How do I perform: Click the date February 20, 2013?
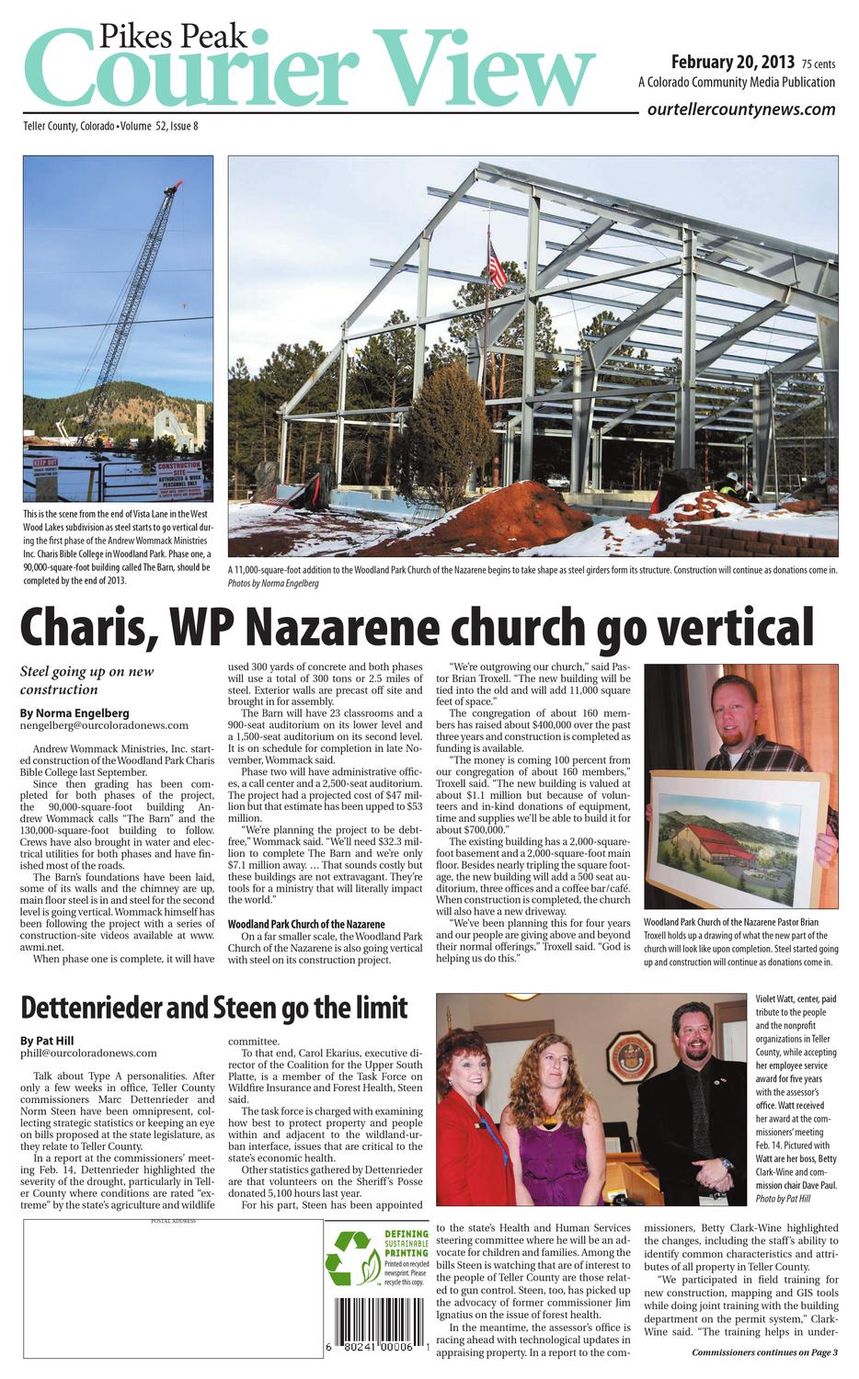point(732,63)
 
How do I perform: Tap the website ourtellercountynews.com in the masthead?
point(741,109)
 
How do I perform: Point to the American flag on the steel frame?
point(497,267)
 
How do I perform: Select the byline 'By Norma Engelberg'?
point(74,712)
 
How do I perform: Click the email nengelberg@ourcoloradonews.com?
point(104,725)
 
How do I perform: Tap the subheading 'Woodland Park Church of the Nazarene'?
point(306,923)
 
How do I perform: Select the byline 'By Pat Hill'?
point(47,1040)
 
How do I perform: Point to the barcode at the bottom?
point(378,1323)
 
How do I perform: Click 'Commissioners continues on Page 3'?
point(764,1351)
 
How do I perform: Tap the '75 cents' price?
point(818,64)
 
